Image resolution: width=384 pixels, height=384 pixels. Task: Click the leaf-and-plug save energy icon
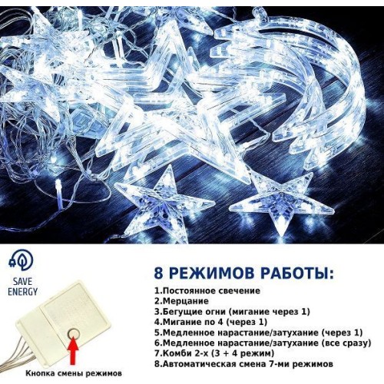click(22, 261)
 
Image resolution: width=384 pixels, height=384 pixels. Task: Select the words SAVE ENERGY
click(22, 286)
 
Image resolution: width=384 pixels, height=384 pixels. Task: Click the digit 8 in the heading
click(159, 273)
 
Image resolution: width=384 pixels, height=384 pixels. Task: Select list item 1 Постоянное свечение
click(207, 291)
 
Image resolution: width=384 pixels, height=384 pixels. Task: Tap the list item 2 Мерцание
click(181, 301)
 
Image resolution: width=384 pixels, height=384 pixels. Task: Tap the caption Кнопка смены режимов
click(74, 373)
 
